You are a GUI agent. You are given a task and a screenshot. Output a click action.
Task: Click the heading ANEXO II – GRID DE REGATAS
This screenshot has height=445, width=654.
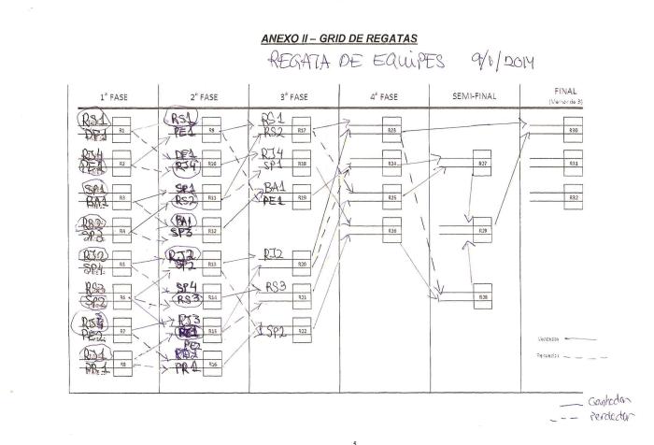(339, 37)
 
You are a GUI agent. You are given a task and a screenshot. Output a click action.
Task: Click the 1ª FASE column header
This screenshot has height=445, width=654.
(113, 97)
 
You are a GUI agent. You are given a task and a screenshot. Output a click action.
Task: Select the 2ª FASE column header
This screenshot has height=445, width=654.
(203, 97)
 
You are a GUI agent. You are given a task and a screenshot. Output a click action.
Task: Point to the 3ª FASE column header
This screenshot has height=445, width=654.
(293, 97)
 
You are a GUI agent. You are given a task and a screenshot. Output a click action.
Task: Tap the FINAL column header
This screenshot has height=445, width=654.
(566, 93)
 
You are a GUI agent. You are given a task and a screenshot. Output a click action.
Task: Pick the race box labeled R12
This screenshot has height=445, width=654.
(212, 230)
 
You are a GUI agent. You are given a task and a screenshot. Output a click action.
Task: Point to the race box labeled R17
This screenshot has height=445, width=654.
(302, 131)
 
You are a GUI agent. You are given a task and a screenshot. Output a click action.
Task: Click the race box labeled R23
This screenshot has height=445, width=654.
(392, 131)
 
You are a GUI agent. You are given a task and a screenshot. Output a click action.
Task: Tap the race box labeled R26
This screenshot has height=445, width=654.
(392, 230)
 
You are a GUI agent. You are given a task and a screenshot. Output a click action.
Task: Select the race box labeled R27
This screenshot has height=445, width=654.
(482, 164)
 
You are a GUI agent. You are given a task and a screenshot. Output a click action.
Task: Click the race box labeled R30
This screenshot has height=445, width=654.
(573, 131)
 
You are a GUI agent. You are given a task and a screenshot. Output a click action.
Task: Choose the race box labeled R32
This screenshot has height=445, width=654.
(573, 197)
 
